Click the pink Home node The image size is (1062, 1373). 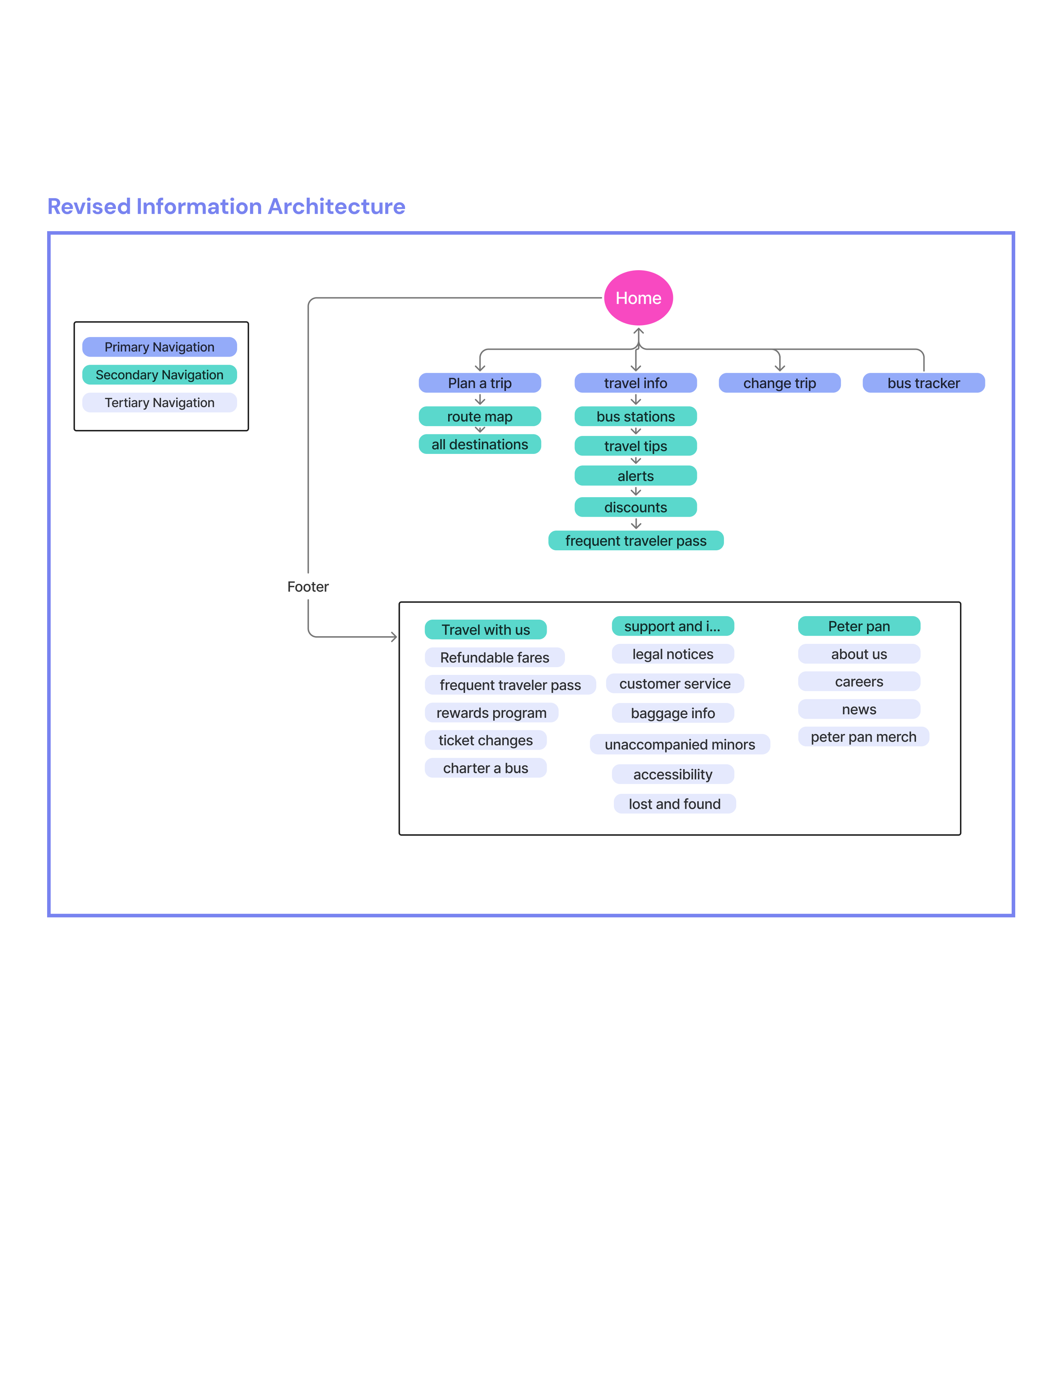click(x=638, y=298)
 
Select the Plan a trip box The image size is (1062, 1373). click(x=480, y=383)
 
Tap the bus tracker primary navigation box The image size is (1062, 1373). click(x=923, y=383)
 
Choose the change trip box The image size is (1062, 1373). click(x=779, y=383)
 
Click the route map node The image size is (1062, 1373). click(x=480, y=416)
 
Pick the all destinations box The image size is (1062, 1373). click(x=480, y=444)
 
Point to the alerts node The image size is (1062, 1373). click(x=636, y=476)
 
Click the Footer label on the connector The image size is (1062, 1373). click(x=308, y=586)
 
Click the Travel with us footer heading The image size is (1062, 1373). click(x=485, y=629)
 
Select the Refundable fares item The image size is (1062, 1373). click(x=494, y=657)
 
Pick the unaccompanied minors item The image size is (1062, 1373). click(x=679, y=745)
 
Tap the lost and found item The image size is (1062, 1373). click(x=674, y=804)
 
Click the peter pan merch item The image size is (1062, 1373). click(x=863, y=737)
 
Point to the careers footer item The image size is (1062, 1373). click(x=859, y=682)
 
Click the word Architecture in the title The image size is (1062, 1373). click(x=336, y=206)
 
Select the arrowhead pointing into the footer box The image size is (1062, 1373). click(x=394, y=637)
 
